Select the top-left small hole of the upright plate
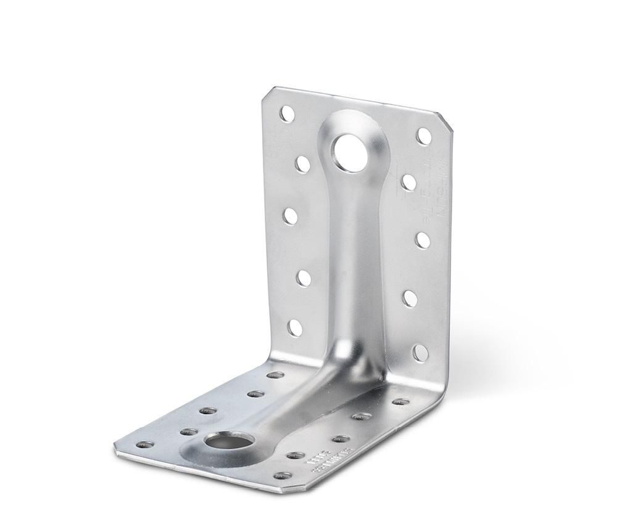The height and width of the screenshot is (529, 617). [x=287, y=113]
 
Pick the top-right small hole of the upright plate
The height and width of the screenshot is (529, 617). [x=423, y=136]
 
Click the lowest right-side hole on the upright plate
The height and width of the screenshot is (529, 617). [x=420, y=353]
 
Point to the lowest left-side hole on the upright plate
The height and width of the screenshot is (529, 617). [x=294, y=327]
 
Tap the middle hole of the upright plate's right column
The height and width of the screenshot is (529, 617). [x=422, y=239]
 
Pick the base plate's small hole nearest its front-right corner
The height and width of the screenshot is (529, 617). [x=283, y=476]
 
